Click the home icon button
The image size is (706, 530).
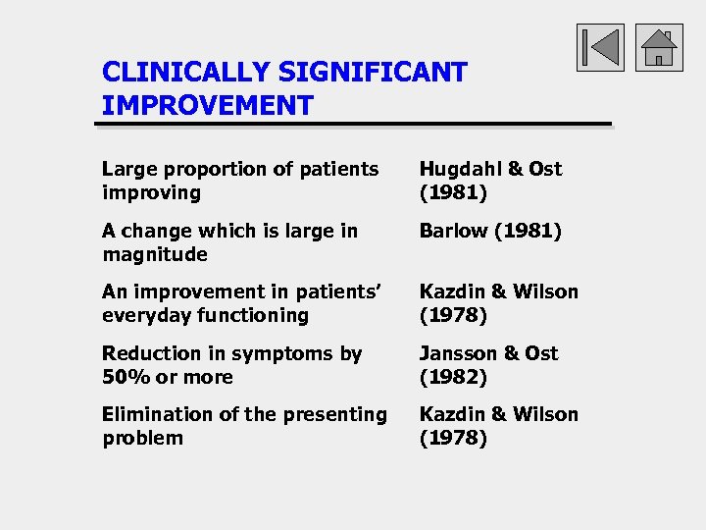[658, 47]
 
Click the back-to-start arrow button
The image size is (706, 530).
[600, 47]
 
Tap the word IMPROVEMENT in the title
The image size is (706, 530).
[207, 105]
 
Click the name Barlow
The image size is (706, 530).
[453, 231]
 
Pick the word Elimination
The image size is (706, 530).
[152, 414]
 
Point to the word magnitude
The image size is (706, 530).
[155, 254]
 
